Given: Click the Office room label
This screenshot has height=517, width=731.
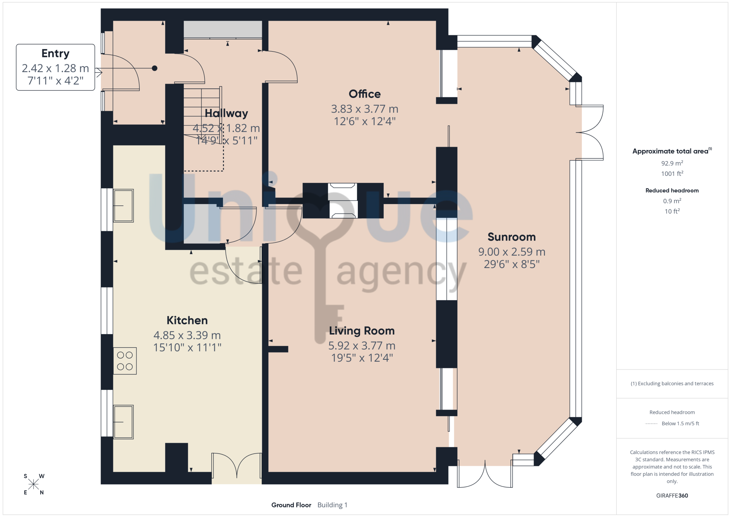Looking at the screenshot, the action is tap(364, 94).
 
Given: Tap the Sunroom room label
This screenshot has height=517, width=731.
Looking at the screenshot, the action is tap(511, 237).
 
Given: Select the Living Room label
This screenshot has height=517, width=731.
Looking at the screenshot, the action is tap(362, 331).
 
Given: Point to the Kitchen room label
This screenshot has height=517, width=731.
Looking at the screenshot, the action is tap(187, 320).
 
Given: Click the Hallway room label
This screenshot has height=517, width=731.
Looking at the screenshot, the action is tap(226, 113).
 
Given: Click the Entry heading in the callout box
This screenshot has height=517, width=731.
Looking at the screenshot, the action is tap(56, 54).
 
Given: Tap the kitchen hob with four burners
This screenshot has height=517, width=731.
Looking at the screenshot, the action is tap(125, 361).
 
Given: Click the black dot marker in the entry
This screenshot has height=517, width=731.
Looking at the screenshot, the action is tap(155, 68).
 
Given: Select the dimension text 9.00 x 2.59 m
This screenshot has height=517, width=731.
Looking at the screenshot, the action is tap(512, 252).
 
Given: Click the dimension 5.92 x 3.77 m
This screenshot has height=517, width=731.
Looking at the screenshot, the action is tap(362, 346).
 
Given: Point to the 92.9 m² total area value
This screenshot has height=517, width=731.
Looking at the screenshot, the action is tap(672, 163).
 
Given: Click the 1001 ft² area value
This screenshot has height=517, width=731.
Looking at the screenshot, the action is tap(672, 174).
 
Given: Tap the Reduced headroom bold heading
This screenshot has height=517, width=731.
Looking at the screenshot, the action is tap(672, 190).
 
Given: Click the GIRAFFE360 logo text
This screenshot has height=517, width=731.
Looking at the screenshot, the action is tap(672, 496).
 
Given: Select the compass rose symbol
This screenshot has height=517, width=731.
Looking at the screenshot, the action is tap(34, 484).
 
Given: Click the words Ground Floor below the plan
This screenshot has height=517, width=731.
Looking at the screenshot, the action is tap(291, 505).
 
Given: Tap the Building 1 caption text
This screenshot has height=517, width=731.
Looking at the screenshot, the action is tap(332, 505).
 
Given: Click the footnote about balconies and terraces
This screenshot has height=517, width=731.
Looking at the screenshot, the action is tap(672, 384).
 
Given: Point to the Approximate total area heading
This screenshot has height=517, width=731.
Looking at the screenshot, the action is tap(672, 151).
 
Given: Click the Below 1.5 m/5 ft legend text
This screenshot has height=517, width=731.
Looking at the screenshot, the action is tap(680, 423).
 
